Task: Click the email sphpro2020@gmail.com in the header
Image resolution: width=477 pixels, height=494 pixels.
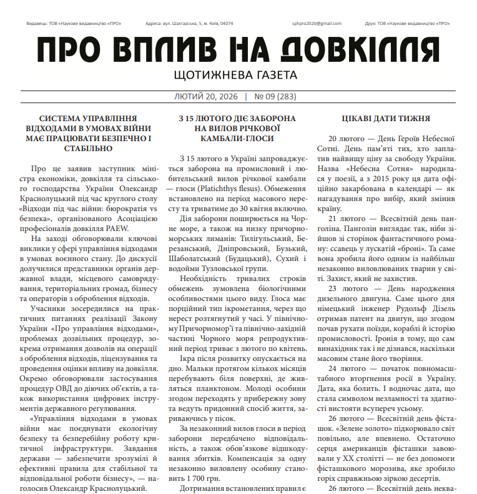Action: [317, 24]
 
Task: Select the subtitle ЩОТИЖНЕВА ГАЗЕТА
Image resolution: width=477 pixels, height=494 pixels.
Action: [237, 75]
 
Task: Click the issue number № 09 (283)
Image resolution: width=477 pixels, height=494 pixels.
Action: [275, 97]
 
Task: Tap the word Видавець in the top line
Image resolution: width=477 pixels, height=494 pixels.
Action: [37, 24]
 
